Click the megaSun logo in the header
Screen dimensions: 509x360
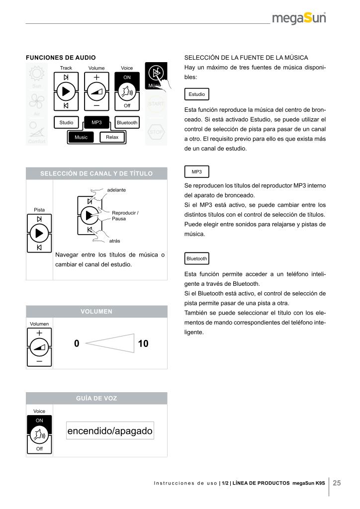pyautogui.click(x=299, y=19)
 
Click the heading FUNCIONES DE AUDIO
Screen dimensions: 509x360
pyautogui.click(x=61, y=58)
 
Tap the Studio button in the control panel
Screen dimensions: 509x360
pyautogui.click(x=66, y=122)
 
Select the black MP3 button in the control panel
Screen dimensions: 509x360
pyautogui.click(x=96, y=122)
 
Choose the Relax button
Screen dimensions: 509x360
pyautogui.click(x=112, y=137)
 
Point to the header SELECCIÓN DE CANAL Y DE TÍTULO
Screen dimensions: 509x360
pyautogui.click(x=96, y=173)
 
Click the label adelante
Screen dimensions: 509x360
pyautogui.click(x=116, y=190)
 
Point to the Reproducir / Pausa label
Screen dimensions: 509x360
pyautogui.click(x=125, y=216)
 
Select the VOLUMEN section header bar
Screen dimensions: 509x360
pyautogui.click(x=96, y=312)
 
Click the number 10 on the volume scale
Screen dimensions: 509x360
pyautogui.click(x=143, y=343)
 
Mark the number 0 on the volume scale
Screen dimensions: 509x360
pyautogui.click(x=77, y=343)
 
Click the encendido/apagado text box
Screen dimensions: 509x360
pyautogui.click(x=110, y=431)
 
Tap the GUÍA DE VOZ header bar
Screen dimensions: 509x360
pyautogui.click(x=96, y=398)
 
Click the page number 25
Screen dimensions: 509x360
pyautogui.click(x=337, y=483)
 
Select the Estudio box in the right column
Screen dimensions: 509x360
pyautogui.click(x=196, y=94)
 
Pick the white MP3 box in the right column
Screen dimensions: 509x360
pyautogui.click(x=196, y=171)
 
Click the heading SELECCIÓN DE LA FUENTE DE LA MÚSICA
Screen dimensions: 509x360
pyautogui.click(x=246, y=58)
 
